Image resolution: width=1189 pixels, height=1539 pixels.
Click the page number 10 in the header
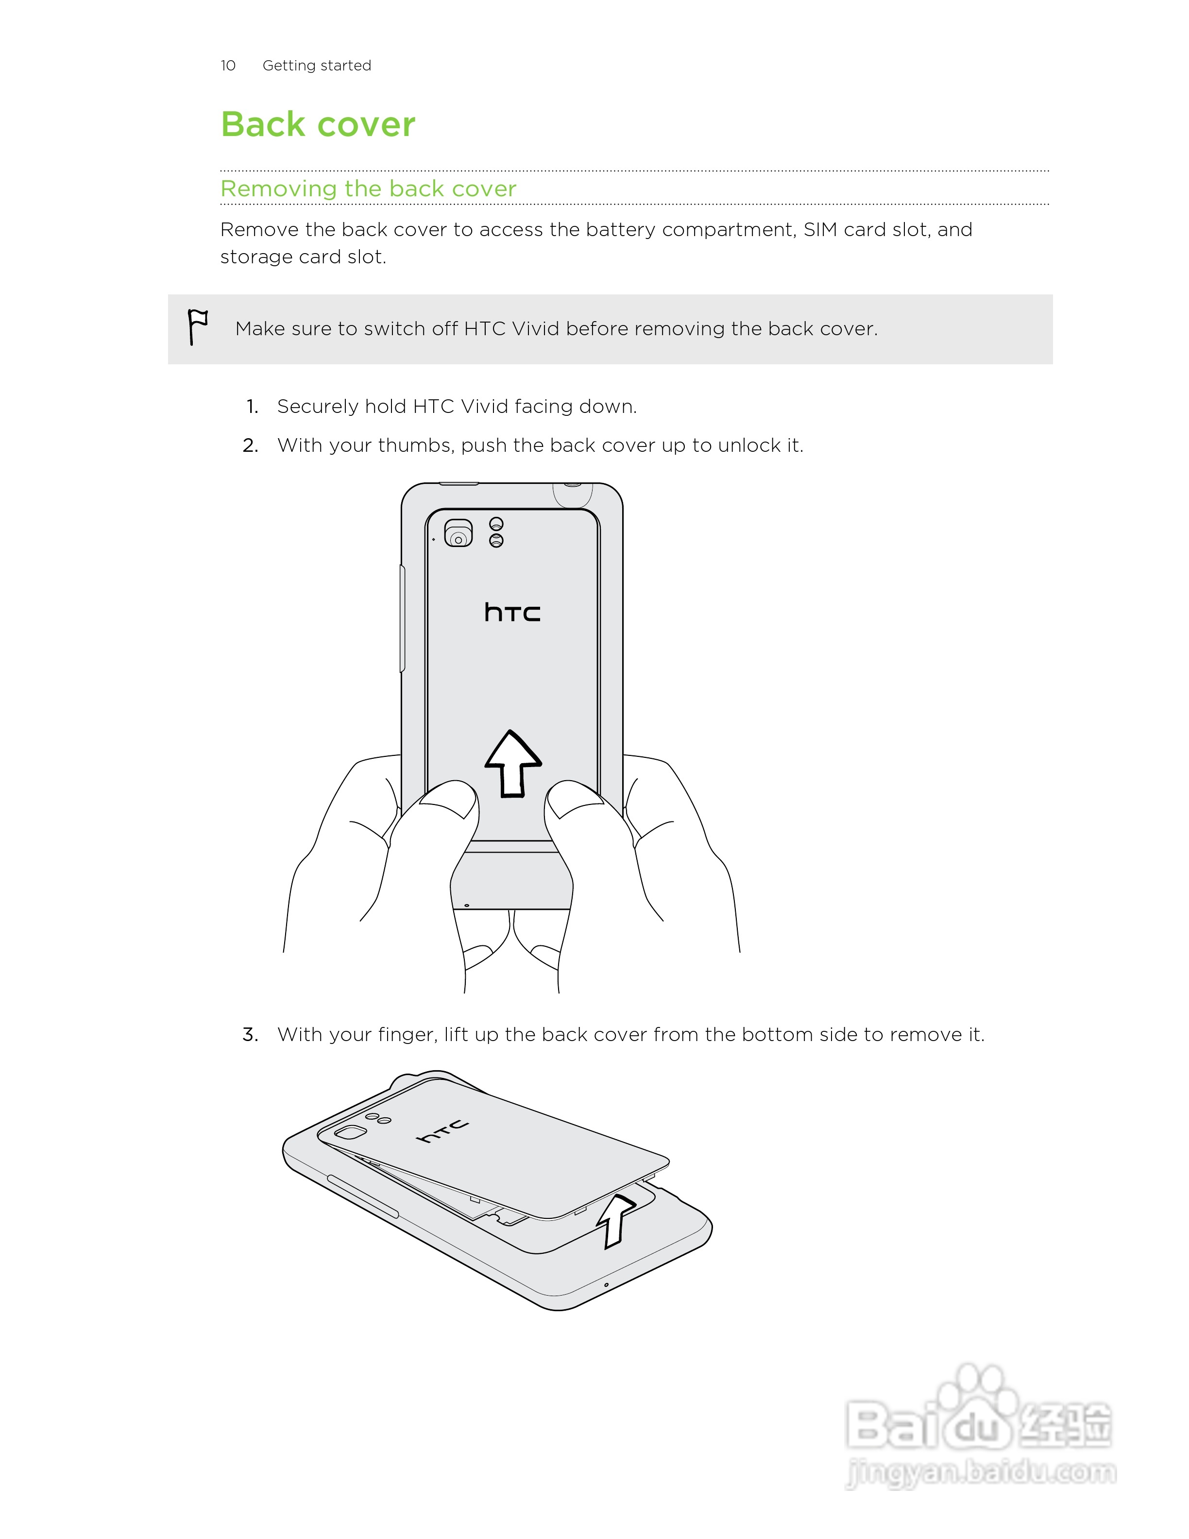(227, 66)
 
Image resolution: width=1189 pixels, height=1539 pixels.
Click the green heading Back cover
(318, 125)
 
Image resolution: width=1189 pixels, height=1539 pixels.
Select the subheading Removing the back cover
(368, 189)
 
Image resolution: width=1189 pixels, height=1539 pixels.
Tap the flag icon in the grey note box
(197, 327)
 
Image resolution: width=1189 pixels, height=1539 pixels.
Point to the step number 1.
(252, 407)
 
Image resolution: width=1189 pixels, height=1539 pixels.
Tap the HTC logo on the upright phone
(512, 613)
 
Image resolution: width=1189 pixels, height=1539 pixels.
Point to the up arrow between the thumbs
(513, 764)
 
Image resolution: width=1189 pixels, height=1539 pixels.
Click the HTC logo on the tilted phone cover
(442, 1130)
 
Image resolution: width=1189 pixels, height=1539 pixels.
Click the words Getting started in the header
(316, 66)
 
